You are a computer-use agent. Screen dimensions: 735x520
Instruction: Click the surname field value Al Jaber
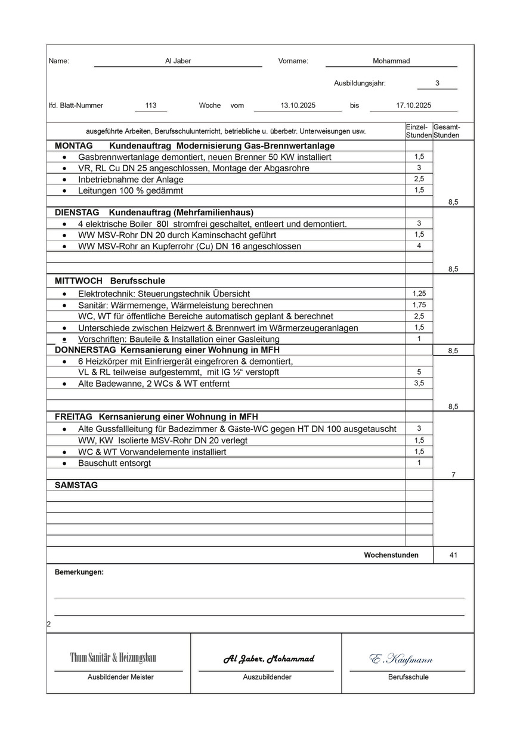tap(178, 61)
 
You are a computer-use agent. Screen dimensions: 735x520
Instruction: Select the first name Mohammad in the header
tap(391, 61)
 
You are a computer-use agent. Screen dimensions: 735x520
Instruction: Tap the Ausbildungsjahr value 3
tap(437, 84)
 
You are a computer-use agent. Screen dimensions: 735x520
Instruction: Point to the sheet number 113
tap(151, 106)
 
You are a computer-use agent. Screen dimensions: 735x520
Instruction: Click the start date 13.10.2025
tap(298, 106)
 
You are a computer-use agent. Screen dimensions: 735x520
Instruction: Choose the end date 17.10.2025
tap(413, 106)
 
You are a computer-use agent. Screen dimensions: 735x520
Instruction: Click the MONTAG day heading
tap(73, 146)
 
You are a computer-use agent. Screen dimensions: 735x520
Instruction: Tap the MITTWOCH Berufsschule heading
tap(110, 280)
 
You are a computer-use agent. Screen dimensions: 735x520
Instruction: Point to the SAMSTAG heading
tap(76, 485)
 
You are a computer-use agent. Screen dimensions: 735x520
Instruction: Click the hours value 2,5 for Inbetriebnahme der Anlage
tap(419, 179)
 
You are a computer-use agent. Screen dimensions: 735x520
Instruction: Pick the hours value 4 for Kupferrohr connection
tap(419, 246)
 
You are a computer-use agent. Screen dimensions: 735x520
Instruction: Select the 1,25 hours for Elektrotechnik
tap(419, 294)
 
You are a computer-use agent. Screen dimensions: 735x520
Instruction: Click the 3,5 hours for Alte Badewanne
tap(419, 383)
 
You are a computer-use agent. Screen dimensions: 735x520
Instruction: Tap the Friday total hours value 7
tap(453, 474)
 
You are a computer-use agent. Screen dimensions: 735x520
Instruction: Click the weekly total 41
tap(453, 555)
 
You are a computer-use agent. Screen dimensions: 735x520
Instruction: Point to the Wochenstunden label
tap(391, 555)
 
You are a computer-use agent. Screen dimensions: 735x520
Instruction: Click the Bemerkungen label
tap(79, 572)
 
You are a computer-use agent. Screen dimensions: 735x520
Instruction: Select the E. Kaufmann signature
tap(401, 659)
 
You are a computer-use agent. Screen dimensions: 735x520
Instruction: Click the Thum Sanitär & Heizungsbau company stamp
tap(113, 658)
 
